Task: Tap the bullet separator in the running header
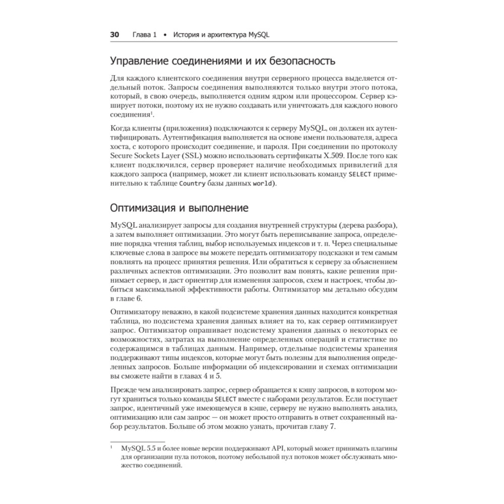coord(165,35)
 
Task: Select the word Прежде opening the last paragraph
coord(122,391)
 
